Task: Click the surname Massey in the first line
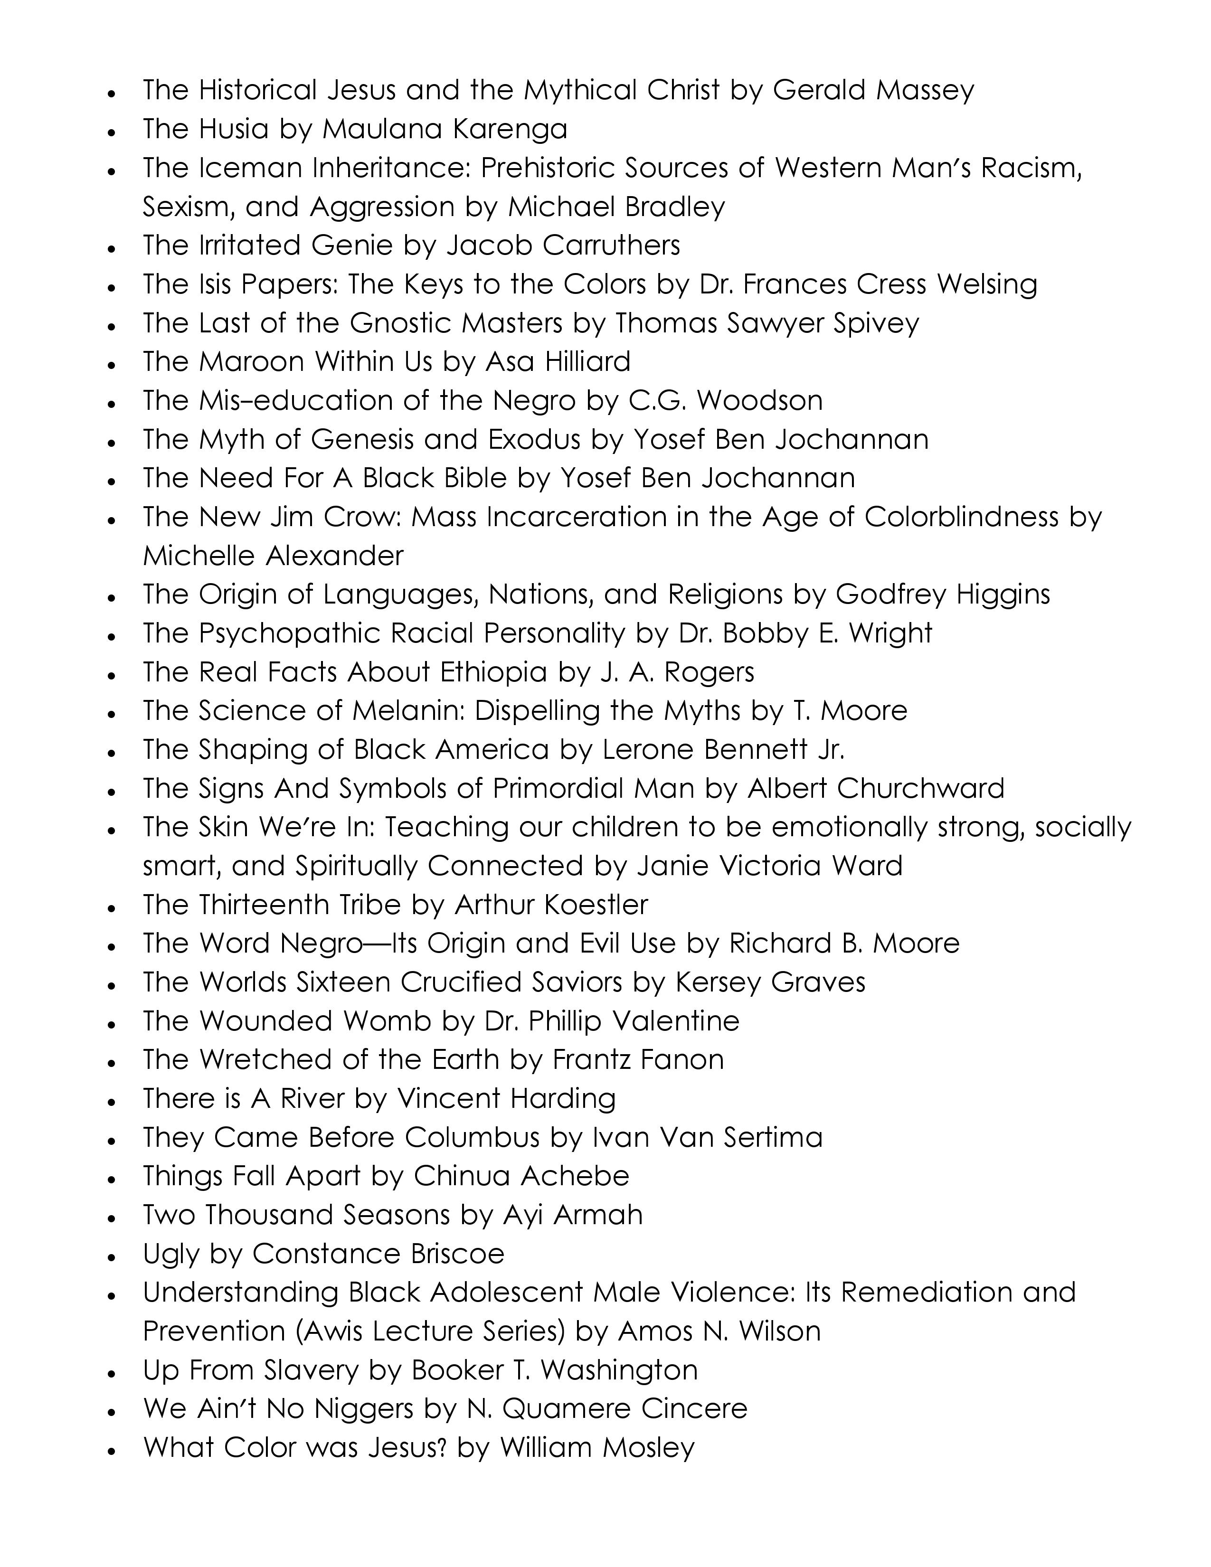click(920, 90)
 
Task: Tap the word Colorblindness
click(961, 517)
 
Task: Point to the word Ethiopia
click(493, 671)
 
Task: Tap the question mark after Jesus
click(443, 1447)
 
